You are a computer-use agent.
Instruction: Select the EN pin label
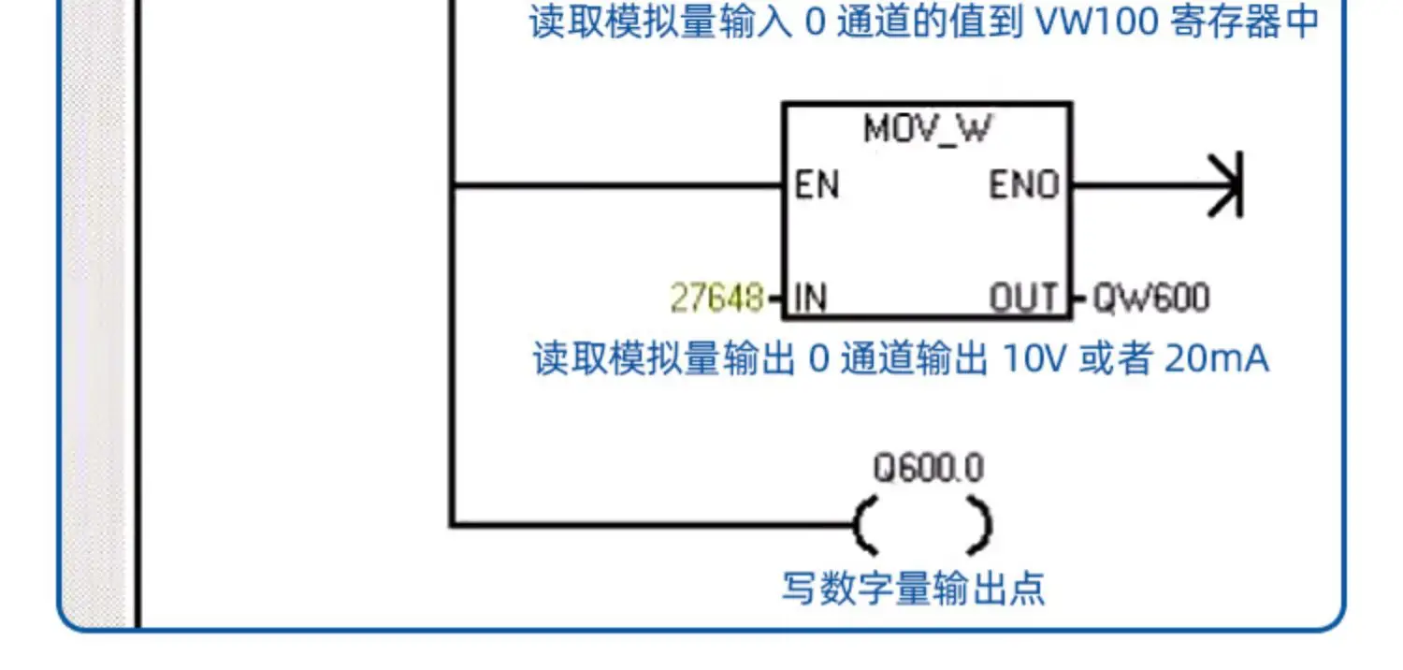[x=817, y=185]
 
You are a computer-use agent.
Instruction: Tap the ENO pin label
[x=1024, y=185]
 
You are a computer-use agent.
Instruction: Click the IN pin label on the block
[x=809, y=299]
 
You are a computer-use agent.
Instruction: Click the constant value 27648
[x=716, y=299]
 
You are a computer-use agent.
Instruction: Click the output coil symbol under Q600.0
[x=922, y=525]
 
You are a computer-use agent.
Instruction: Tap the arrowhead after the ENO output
[x=1224, y=185]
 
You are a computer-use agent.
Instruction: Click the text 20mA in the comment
[x=1216, y=359]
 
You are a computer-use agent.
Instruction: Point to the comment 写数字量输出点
[x=913, y=589]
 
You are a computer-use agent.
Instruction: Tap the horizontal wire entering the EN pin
[x=617, y=185]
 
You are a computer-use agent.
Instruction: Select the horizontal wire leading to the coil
[x=655, y=525]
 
